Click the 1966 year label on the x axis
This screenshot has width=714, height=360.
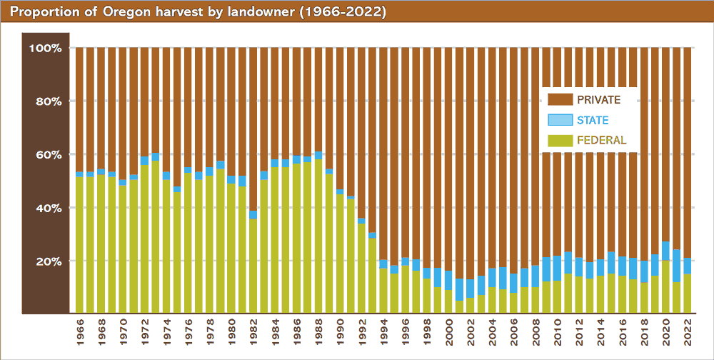pyautogui.click(x=79, y=333)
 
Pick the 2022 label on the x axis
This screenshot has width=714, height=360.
pyautogui.click(x=687, y=333)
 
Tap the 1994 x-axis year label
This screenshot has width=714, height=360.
pyautogui.click(x=383, y=333)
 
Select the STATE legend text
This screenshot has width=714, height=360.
pyautogui.click(x=593, y=120)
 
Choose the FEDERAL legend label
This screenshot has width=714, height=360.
pyautogui.click(x=601, y=140)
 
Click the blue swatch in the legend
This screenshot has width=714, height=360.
pyautogui.click(x=560, y=120)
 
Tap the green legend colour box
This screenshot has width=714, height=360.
pyautogui.click(x=560, y=140)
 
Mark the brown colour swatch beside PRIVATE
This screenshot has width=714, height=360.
pyautogui.click(x=560, y=99)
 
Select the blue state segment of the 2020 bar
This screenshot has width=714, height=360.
pyautogui.click(x=665, y=251)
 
